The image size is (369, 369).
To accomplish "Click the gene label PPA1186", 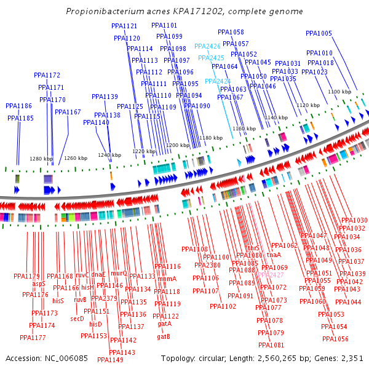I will tap(18, 106).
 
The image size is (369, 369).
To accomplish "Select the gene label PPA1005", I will tap(319, 34).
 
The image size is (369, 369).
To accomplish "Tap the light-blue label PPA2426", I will tap(207, 46).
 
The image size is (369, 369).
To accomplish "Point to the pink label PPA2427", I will tap(271, 275).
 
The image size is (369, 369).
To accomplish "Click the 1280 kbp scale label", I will tap(41, 159).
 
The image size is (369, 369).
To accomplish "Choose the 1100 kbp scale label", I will tap(339, 92).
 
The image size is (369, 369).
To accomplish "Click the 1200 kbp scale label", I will tap(178, 145).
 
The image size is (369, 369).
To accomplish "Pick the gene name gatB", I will tap(164, 336).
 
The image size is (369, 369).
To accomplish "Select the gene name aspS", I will tap(39, 284).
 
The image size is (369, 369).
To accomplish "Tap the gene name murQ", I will tap(119, 273).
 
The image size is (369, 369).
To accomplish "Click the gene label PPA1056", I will tap(335, 339).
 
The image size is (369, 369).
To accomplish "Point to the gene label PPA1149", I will tap(111, 360).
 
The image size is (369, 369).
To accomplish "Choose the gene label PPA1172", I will tap(47, 75).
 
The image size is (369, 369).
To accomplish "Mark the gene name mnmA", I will tap(167, 279).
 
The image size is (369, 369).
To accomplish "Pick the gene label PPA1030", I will tap(354, 220).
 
